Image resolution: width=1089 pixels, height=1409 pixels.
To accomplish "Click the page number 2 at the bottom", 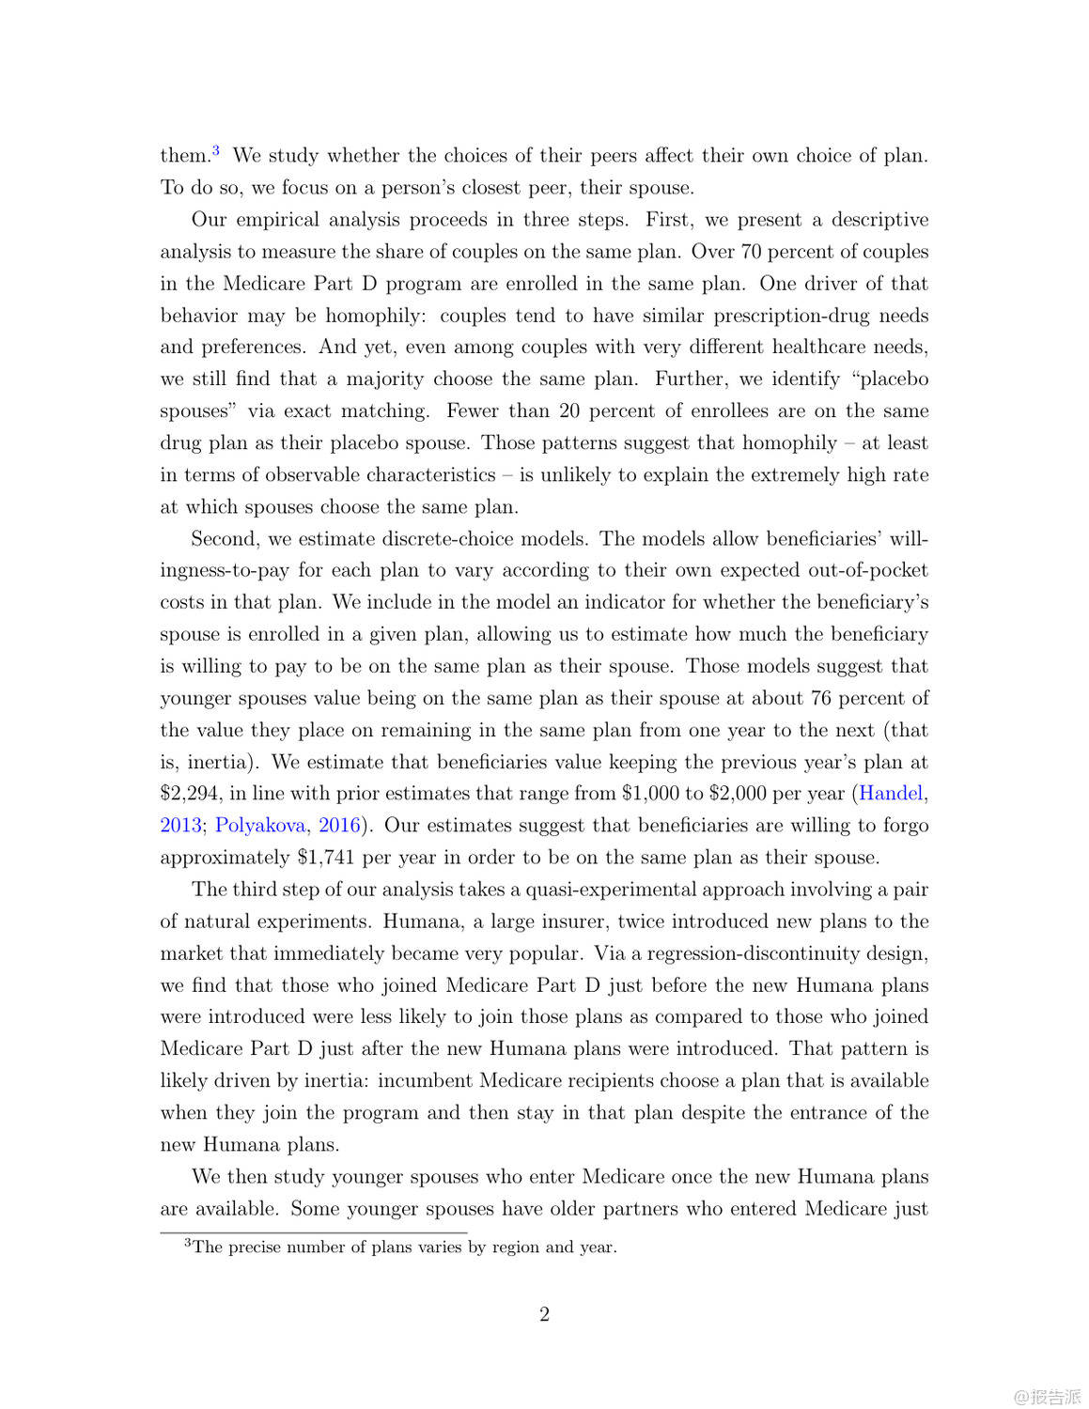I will tap(544, 1314).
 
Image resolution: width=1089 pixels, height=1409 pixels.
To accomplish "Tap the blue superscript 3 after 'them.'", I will tap(216, 149).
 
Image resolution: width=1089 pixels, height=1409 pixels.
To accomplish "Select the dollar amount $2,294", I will tap(192, 794).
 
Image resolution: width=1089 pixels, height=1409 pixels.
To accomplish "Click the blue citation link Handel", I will tap(890, 794).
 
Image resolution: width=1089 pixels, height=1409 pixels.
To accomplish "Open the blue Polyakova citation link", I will tap(260, 826).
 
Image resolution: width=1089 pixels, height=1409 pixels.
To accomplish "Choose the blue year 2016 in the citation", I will tap(339, 826).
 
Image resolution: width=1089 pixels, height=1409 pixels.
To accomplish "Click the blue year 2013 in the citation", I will tap(180, 826).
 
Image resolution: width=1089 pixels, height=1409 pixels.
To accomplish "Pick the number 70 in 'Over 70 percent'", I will tap(752, 252).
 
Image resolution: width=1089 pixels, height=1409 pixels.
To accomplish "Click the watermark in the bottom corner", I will tap(1047, 1397).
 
